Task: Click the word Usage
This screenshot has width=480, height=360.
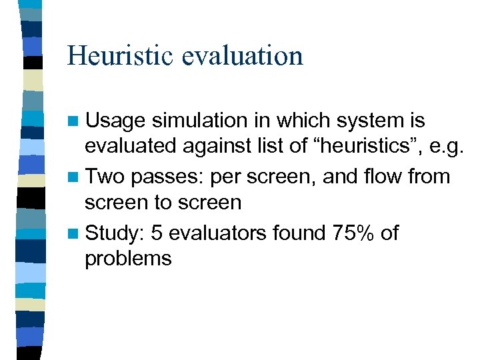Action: pyautogui.click(x=115, y=121)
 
